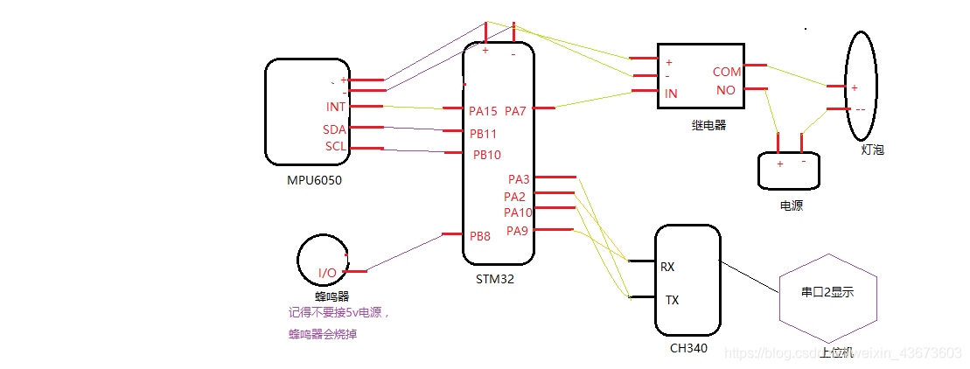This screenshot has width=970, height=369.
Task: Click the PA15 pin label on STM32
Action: click(483, 111)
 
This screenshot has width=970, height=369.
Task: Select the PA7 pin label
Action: click(515, 111)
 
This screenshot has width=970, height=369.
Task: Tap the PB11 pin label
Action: click(483, 134)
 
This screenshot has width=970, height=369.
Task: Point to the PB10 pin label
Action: click(486, 155)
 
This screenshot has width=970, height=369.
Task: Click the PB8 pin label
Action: click(480, 235)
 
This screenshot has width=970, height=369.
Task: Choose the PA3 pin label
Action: click(519, 179)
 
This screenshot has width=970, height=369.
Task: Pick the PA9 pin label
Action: click(517, 231)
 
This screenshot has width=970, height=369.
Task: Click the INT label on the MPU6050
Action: click(336, 108)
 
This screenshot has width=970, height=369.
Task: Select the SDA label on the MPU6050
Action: click(335, 129)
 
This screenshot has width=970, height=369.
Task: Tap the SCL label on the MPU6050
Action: click(336, 146)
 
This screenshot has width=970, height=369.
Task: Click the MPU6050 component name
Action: click(314, 181)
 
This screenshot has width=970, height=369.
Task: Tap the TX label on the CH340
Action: click(673, 300)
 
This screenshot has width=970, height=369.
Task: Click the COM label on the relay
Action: click(727, 72)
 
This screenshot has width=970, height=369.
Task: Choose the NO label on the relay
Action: click(726, 89)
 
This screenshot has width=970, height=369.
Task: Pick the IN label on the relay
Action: click(672, 94)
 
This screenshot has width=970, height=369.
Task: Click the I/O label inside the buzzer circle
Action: click(327, 273)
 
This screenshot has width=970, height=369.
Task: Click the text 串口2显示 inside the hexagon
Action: click(827, 293)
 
